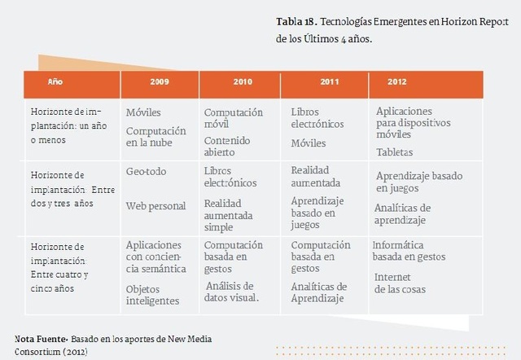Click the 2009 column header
click(160, 82)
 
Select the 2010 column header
click(242, 82)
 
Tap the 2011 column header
click(329, 82)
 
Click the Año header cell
click(55, 82)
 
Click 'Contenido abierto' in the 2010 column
click(227, 147)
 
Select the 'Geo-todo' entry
click(147, 173)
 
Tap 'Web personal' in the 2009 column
click(156, 206)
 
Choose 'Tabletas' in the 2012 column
click(394, 152)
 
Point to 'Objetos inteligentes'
click(153, 295)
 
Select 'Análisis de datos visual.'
click(231, 292)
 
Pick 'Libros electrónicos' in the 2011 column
click(317, 117)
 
